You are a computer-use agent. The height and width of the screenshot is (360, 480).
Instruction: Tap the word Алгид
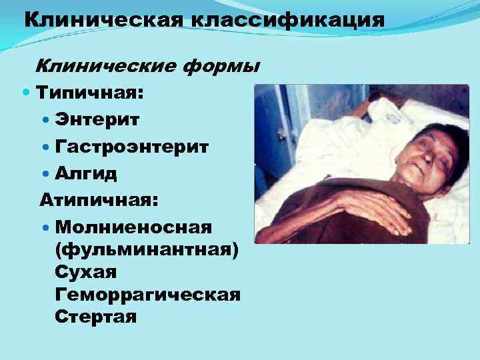[86, 173]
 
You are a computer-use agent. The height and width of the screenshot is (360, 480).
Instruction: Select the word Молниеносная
[134, 227]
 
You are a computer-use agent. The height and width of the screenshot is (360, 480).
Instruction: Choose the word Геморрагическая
[148, 295]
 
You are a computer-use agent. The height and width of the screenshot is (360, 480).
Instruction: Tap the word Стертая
[97, 317]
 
